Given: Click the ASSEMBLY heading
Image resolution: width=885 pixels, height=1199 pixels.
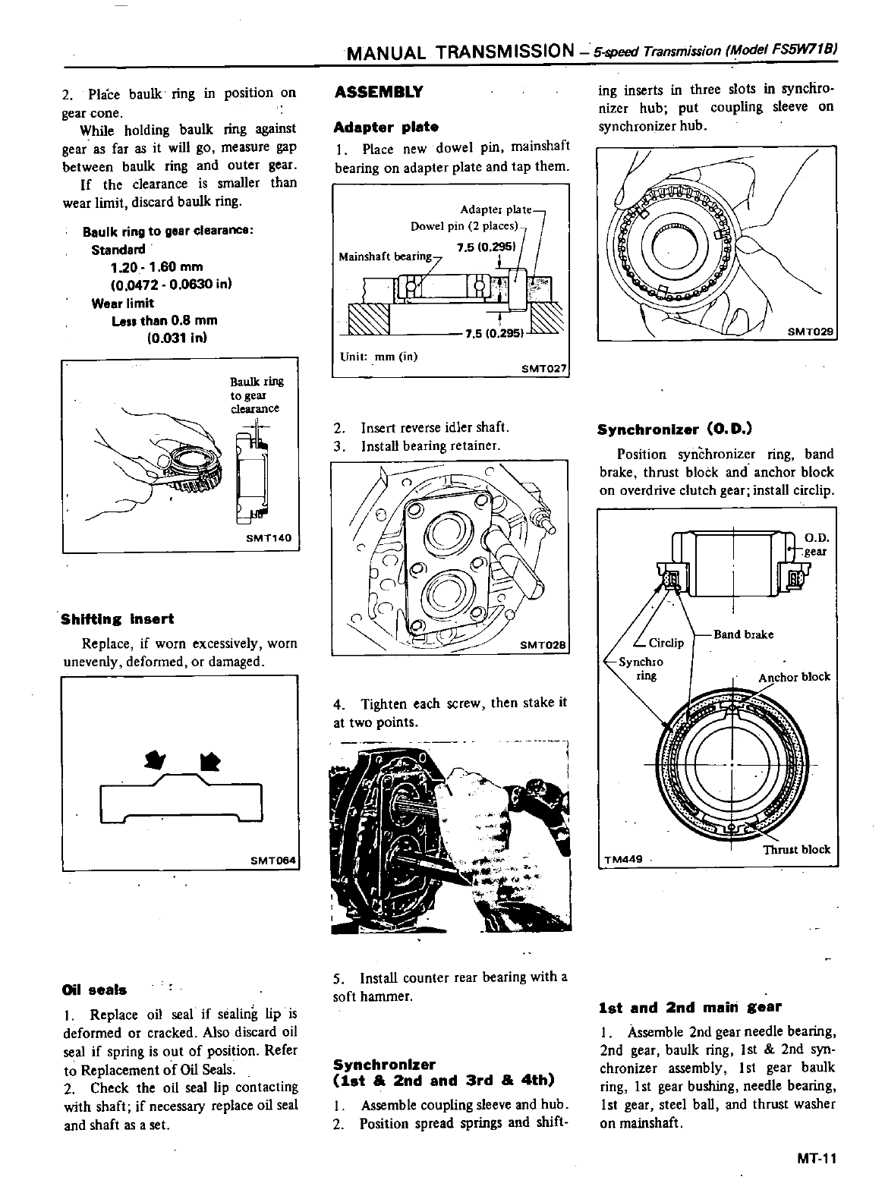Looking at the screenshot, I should (378, 93).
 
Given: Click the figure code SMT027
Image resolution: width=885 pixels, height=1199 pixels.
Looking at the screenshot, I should (544, 369).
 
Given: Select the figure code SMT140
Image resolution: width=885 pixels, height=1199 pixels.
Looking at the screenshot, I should (269, 538).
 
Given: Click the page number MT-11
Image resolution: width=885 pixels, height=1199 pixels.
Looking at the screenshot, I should (816, 1159).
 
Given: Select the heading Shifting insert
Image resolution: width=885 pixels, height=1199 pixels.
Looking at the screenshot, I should (118, 619).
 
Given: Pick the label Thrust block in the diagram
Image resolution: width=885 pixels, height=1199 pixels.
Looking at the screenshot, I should (796, 849).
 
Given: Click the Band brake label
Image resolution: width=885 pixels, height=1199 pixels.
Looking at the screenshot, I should (743, 634).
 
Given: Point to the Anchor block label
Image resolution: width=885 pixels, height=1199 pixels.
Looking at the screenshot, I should (794, 677).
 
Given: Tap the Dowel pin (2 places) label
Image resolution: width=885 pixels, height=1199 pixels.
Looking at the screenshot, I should (464, 226).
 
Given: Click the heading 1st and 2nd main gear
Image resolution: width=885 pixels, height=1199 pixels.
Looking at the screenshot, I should (689, 1008).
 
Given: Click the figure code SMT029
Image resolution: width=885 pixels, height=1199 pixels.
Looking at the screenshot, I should (810, 331).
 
